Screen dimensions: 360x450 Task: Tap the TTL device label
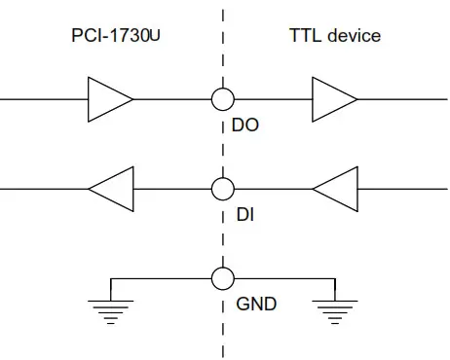[335, 36]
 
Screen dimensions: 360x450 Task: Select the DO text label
[247, 126]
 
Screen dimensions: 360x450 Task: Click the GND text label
[256, 304]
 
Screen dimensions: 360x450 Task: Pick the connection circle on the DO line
[223, 99]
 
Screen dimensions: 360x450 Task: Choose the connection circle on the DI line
[223, 188]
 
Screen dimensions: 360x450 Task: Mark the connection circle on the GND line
[223, 277]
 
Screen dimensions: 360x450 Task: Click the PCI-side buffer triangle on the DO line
[110, 99]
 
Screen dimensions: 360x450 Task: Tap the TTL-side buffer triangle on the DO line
[334, 99]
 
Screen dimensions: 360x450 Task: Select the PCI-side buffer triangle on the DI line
[110, 188]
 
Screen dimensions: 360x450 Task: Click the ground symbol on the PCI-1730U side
[111, 308]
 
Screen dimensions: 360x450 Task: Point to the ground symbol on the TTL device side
[334, 308]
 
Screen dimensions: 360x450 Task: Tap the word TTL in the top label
[304, 36]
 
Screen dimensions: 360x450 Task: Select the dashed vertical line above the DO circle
[223, 49]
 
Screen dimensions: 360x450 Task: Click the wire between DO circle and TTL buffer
[273, 99]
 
